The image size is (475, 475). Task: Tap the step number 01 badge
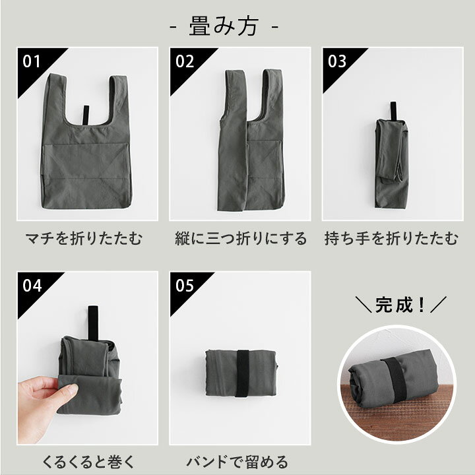[x=32, y=61]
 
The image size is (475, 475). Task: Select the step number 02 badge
[x=185, y=61]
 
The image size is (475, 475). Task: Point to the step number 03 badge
[x=337, y=61]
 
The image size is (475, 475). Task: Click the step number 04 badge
[x=32, y=286]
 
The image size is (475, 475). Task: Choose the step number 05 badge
[x=185, y=286]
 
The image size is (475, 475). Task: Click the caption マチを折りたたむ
[x=83, y=238]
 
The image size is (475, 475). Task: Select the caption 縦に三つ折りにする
[x=241, y=238]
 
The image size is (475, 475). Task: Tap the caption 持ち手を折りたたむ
[x=391, y=238]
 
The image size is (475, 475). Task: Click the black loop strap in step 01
[x=84, y=115]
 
